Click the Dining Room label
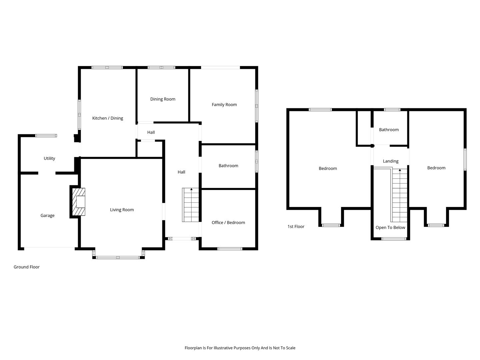[163, 99]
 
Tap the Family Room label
[224, 104]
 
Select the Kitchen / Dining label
[108, 118]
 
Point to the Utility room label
[49, 158]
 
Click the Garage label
[47, 216]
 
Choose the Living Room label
[122, 210]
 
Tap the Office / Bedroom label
[228, 223]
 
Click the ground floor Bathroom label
[228, 166]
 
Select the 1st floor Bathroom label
[389, 130]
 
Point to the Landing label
[391, 161]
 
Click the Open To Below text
[390, 227]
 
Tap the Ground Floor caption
[27, 267]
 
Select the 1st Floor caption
[296, 226]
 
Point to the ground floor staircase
[191, 205]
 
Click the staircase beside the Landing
[400, 195]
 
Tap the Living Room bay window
[118, 257]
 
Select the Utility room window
[46, 136]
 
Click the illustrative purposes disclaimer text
[240, 348]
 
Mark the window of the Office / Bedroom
[230, 249]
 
